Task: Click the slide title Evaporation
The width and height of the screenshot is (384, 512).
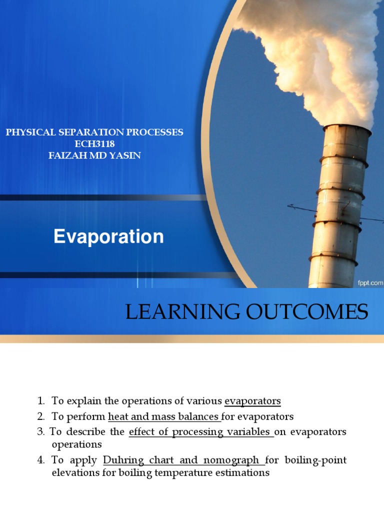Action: coord(108,236)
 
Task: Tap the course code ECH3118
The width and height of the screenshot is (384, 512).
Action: coord(94,144)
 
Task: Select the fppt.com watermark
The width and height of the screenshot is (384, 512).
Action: coord(369,282)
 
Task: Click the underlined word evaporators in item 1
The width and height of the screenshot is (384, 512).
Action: coord(252,400)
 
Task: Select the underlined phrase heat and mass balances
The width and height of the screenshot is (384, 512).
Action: coord(163,416)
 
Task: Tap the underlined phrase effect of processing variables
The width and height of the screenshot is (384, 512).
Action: coord(200,431)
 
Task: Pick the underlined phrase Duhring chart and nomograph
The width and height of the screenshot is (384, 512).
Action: coord(183,460)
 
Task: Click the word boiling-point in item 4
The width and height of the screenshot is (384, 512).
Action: coord(320,460)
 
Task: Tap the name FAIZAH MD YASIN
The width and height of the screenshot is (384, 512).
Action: coord(94,155)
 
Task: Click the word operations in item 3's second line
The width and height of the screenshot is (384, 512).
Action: coord(76,444)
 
